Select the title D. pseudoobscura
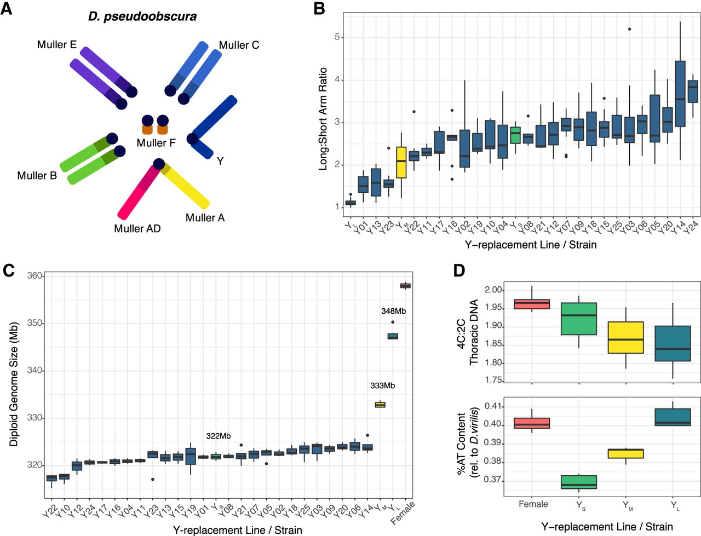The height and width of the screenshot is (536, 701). [142, 16]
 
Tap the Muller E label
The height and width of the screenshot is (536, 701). [57, 44]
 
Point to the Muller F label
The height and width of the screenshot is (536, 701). [156, 143]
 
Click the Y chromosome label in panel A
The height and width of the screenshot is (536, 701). [220, 161]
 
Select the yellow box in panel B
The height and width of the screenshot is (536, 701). [401, 163]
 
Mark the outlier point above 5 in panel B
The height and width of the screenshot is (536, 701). [630, 29]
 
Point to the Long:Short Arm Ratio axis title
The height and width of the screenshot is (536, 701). [324, 119]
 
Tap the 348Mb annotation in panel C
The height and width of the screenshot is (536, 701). [393, 311]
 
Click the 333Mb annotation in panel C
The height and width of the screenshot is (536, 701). [382, 385]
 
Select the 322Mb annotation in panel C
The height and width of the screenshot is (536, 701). [218, 436]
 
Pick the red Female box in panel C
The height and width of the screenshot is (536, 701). [406, 286]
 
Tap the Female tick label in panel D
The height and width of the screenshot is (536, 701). [533, 504]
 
